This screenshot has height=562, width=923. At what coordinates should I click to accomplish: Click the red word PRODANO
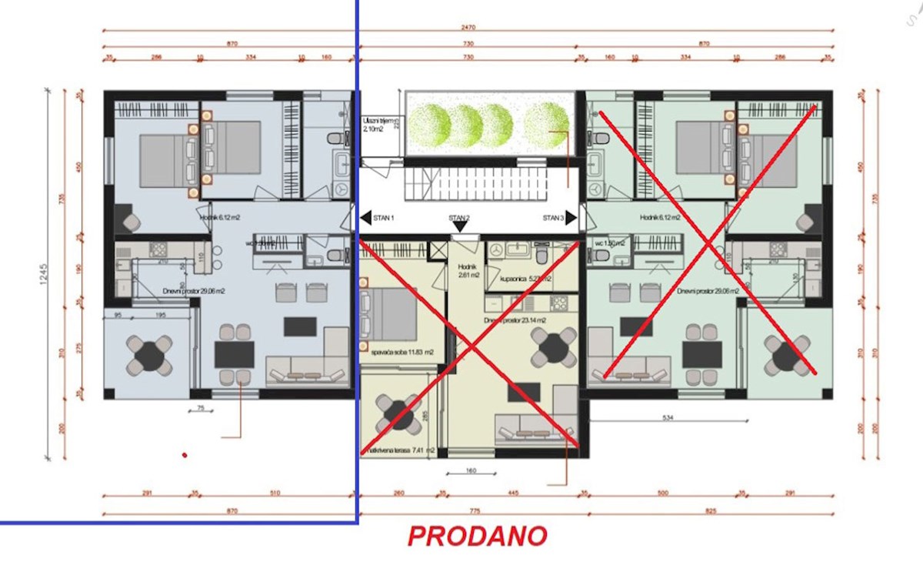pyautogui.click(x=477, y=536)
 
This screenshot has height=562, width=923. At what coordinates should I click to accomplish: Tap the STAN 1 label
pyautogui.click(x=383, y=218)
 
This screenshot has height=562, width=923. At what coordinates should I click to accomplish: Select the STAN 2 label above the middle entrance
pyautogui.click(x=460, y=218)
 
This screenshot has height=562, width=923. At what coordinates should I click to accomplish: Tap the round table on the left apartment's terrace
pyautogui.click(x=146, y=355)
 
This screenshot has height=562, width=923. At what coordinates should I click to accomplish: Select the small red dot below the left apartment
pyautogui.click(x=185, y=455)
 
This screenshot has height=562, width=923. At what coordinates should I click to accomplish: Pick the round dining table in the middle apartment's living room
pyautogui.click(x=552, y=348)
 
